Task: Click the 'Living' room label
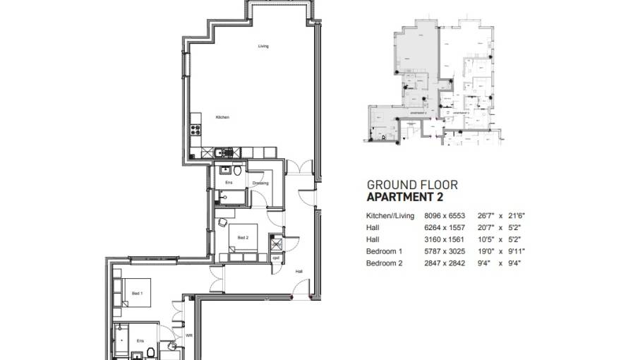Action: click(x=263, y=47)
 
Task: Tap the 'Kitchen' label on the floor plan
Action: click(x=222, y=117)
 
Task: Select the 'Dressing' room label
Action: click(x=260, y=183)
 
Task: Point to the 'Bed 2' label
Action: click(x=243, y=236)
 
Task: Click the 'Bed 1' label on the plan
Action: click(x=136, y=292)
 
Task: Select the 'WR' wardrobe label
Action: click(x=188, y=335)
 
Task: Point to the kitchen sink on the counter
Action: click(x=221, y=151)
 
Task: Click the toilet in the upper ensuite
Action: click(x=238, y=170)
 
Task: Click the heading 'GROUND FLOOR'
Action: click(x=411, y=185)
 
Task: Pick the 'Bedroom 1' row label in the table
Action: click(x=384, y=251)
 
